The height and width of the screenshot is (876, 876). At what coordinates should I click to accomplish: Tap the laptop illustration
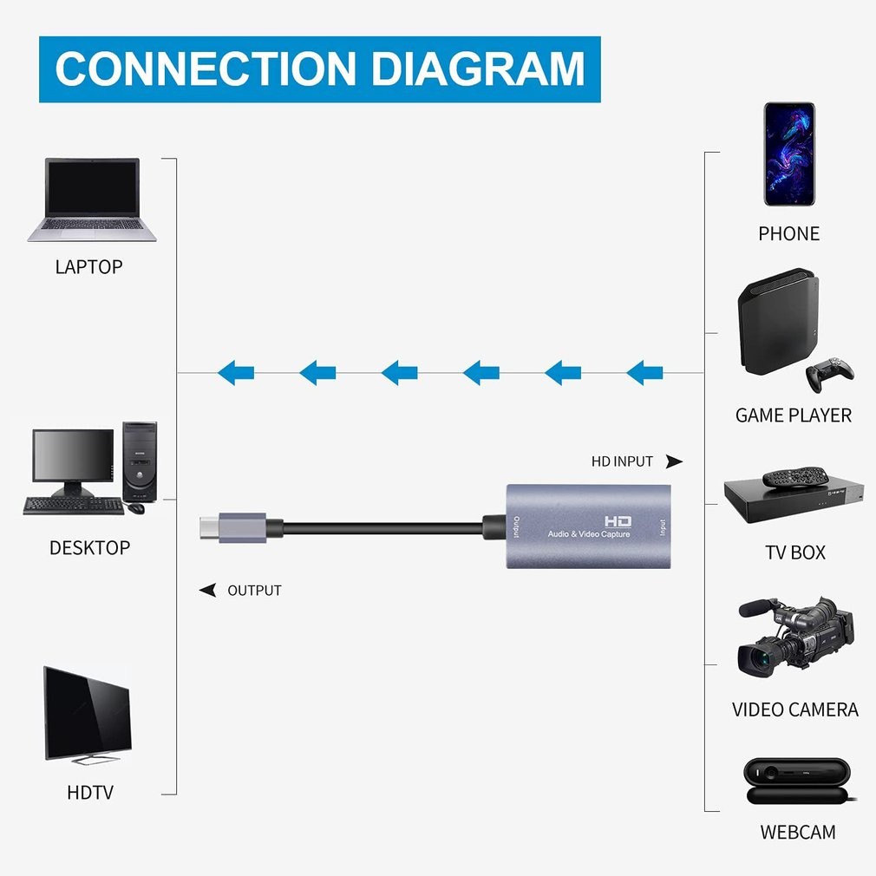pyautogui.click(x=92, y=199)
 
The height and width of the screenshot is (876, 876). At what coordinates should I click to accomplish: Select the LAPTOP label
pyautogui.click(x=88, y=266)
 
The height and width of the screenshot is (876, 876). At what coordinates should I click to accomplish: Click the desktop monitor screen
pyautogui.click(x=73, y=456)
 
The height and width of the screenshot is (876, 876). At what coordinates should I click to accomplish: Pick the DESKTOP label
pyautogui.click(x=89, y=548)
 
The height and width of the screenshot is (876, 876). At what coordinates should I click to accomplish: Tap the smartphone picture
pyautogui.click(x=789, y=154)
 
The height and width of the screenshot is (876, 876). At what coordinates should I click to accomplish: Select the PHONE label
pyautogui.click(x=788, y=234)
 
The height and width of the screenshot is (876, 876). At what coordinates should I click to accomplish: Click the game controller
pyautogui.click(x=829, y=373)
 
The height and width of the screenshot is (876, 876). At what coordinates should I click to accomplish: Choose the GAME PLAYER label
pyautogui.click(x=794, y=415)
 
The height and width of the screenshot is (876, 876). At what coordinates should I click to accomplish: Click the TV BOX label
pyautogui.click(x=795, y=552)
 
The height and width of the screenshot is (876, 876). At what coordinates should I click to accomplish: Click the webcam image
pyautogui.click(x=797, y=781)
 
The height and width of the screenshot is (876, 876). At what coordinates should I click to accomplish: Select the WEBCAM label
pyautogui.click(x=798, y=833)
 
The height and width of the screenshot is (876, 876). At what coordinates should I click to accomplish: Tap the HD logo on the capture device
pyautogui.click(x=618, y=521)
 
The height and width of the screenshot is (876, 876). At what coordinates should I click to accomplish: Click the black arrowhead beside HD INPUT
pyautogui.click(x=674, y=461)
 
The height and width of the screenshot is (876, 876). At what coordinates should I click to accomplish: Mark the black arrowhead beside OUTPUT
pyautogui.click(x=208, y=591)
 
